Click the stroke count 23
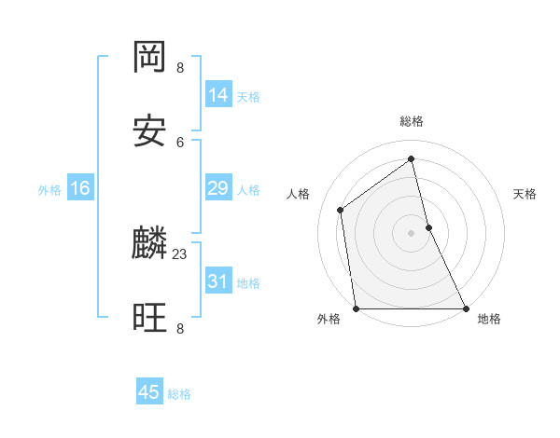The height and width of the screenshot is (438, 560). click(180, 253)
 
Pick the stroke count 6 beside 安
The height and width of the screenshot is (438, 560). click(180, 142)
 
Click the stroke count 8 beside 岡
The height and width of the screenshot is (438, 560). click(180, 68)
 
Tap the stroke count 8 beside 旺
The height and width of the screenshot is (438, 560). click(180, 328)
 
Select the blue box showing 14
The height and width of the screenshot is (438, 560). click(218, 95)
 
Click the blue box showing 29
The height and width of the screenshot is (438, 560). click(218, 188)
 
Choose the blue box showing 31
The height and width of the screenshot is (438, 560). click(218, 281)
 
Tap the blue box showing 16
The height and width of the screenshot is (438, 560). click(80, 188)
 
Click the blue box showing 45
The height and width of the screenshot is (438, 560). click(149, 392)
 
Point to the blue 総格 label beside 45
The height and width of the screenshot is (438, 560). click(179, 394)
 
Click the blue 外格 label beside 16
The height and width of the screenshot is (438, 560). click(49, 190)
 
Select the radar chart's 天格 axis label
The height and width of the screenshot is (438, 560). click(525, 194)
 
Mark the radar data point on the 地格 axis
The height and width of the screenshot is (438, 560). click(465, 308)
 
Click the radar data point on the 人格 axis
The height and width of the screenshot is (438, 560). click(341, 210)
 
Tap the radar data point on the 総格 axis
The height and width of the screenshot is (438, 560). click(411, 159)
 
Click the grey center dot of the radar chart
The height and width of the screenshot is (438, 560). click(411, 233)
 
